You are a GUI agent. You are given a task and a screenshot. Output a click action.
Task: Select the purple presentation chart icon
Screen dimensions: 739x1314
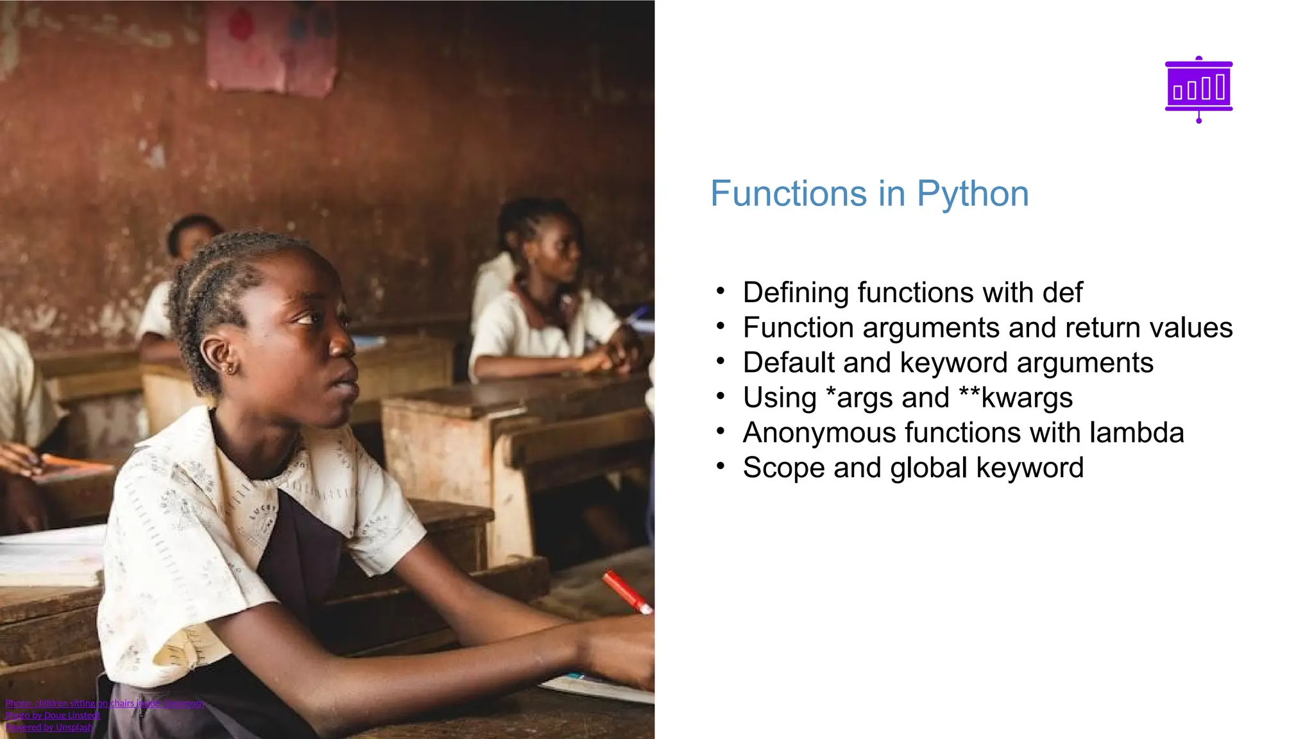tap(1199, 89)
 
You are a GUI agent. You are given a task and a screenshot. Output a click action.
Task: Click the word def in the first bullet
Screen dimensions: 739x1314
tap(1062, 293)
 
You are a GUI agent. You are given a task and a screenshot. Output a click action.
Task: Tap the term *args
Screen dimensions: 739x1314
tap(857, 398)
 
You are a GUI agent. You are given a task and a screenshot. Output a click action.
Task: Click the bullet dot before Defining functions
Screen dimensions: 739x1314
tap(721, 291)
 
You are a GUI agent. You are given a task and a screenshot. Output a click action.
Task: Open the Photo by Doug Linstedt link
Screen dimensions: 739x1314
tap(53, 715)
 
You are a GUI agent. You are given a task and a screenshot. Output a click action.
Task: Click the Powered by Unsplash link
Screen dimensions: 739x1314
tap(49, 727)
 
